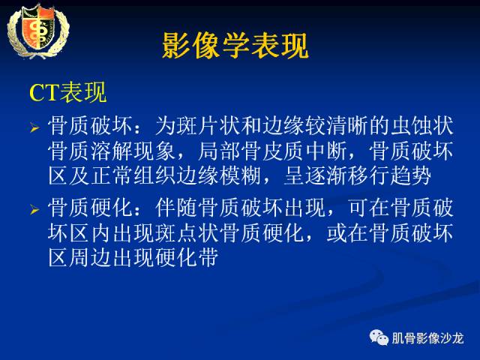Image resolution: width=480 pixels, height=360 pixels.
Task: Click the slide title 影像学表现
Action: click(235, 46)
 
